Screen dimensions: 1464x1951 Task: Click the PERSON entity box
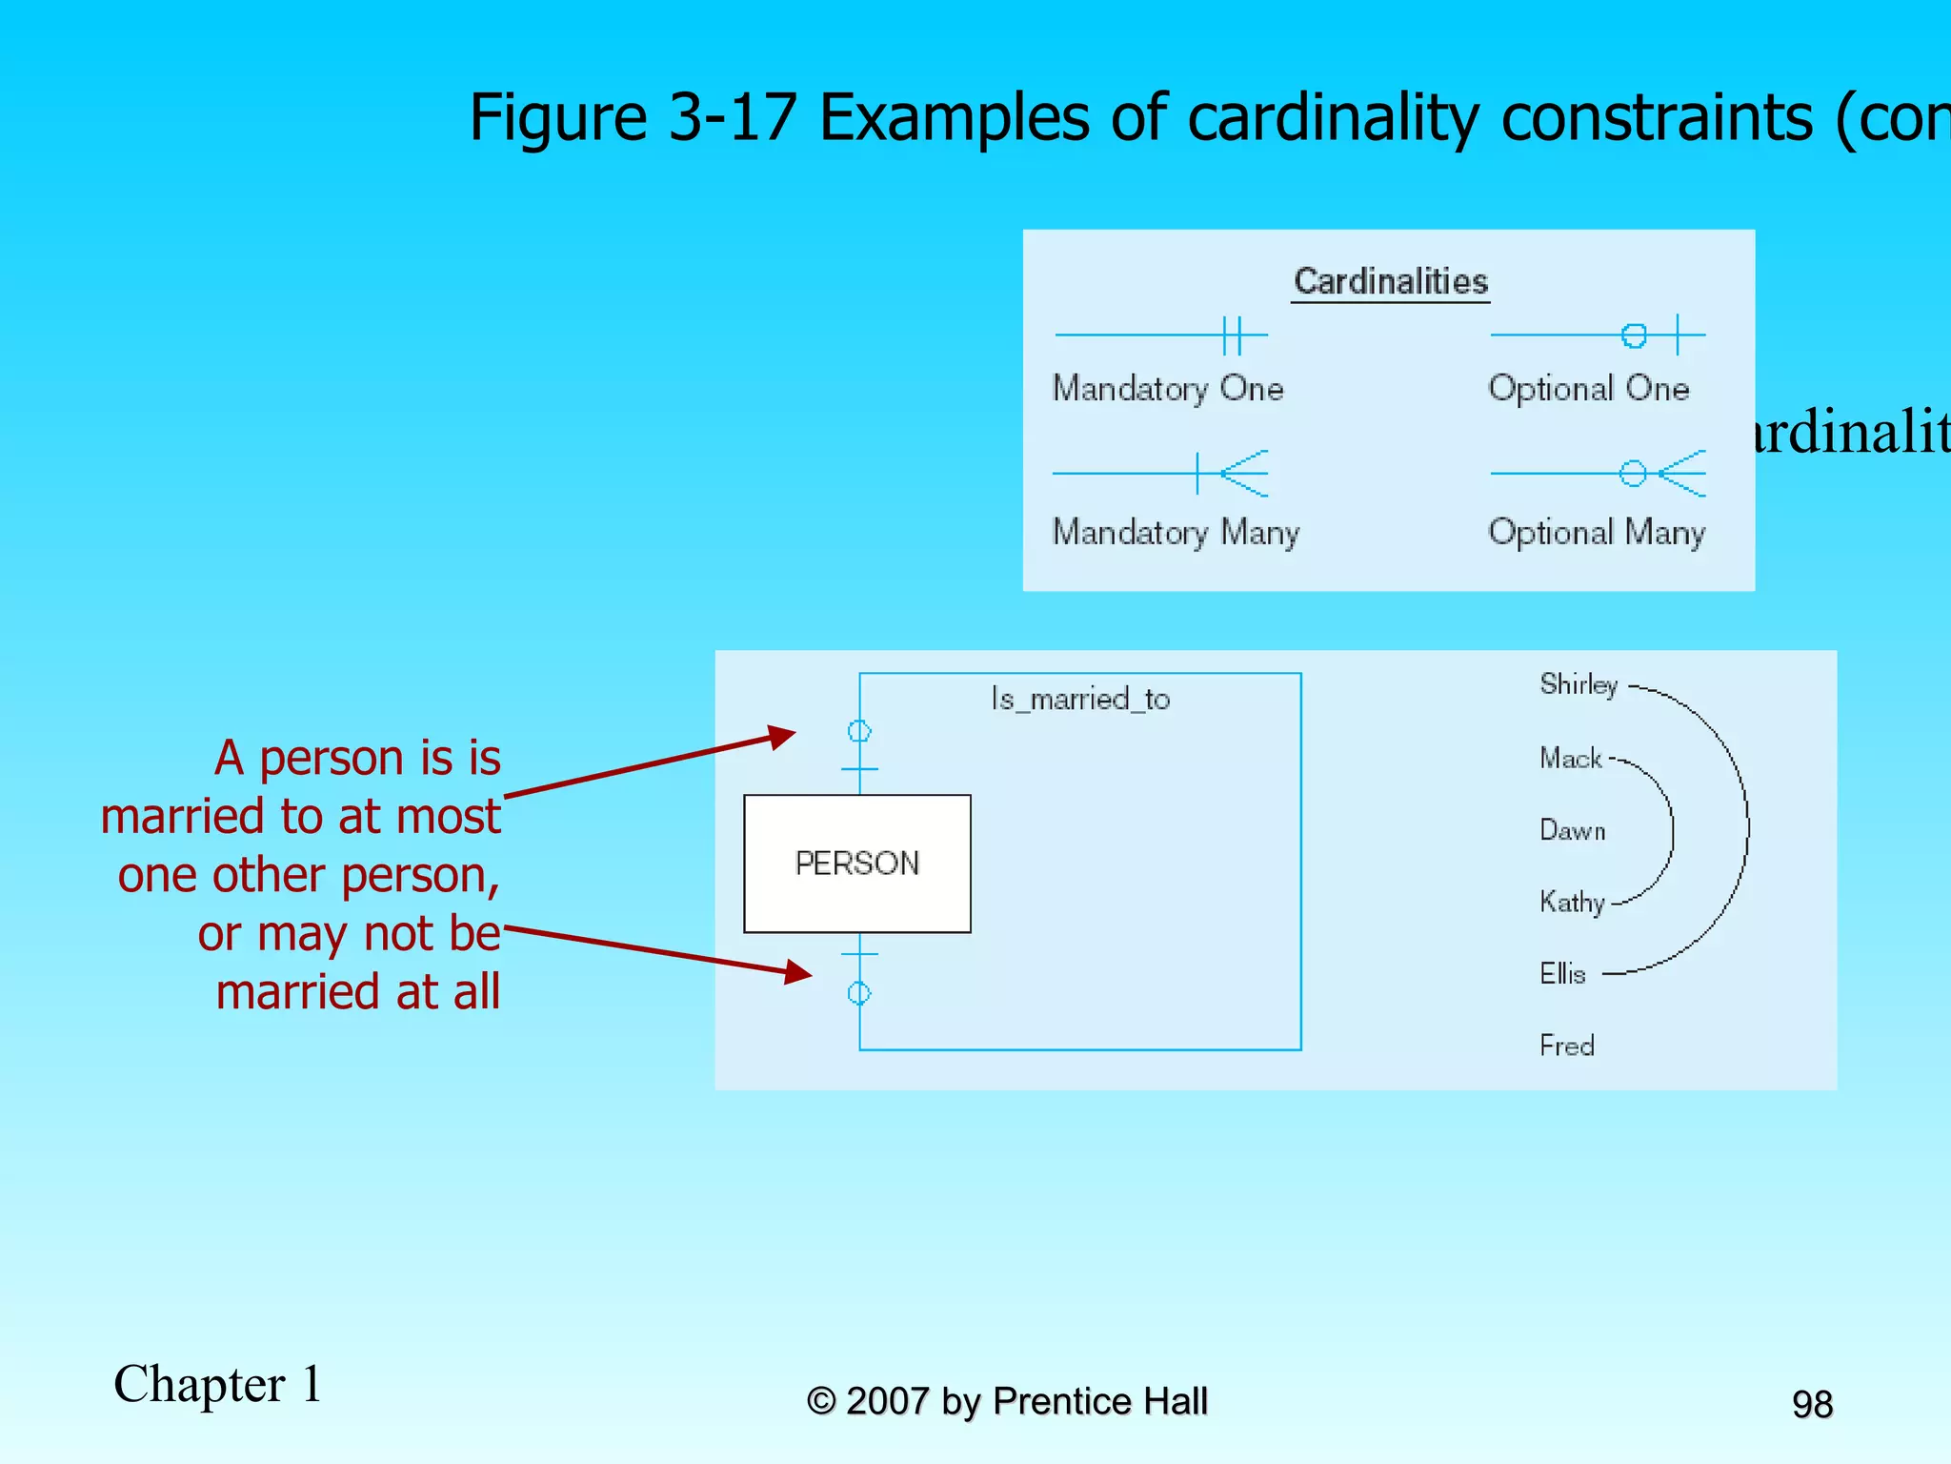[856, 864]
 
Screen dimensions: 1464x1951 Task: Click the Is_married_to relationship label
[1080, 700]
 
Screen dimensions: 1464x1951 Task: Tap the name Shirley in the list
[1579, 684]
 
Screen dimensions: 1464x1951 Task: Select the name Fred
[1566, 1046]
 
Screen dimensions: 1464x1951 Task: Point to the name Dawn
[1572, 830]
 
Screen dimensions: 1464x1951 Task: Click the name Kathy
[1572, 902]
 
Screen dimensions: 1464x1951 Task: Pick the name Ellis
[1562, 973]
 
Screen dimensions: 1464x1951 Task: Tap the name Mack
[1570, 758]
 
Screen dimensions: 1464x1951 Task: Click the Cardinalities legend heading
[1390, 281]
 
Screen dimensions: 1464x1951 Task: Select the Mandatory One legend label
[1167, 389]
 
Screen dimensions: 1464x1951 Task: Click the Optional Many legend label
[1596, 532]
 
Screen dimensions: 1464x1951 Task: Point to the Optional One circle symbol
[1634, 335]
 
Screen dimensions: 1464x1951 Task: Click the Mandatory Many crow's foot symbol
[1242, 473]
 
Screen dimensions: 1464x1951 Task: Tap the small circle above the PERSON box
[859, 731]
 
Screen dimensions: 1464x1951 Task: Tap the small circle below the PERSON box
[859, 993]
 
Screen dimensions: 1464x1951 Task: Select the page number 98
[1812, 1404]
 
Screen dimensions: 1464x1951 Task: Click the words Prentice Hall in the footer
[1099, 1401]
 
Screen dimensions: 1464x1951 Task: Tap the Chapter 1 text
[218, 1384]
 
